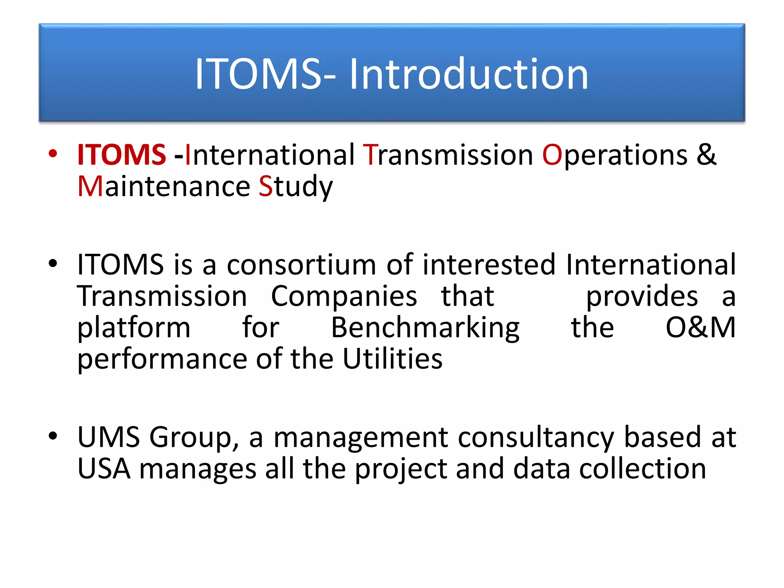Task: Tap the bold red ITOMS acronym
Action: [121, 155]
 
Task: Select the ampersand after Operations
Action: [706, 155]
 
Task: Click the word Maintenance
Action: [163, 186]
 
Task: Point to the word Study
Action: [296, 186]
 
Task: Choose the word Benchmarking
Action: [425, 328]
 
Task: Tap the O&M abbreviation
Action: [700, 328]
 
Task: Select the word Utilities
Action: [392, 359]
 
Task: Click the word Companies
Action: [344, 296]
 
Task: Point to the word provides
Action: [642, 296]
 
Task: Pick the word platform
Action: [134, 328]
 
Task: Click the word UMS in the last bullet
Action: [108, 437]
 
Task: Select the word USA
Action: [104, 469]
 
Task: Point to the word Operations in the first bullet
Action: [615, 155]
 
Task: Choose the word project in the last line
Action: [401, 469]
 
